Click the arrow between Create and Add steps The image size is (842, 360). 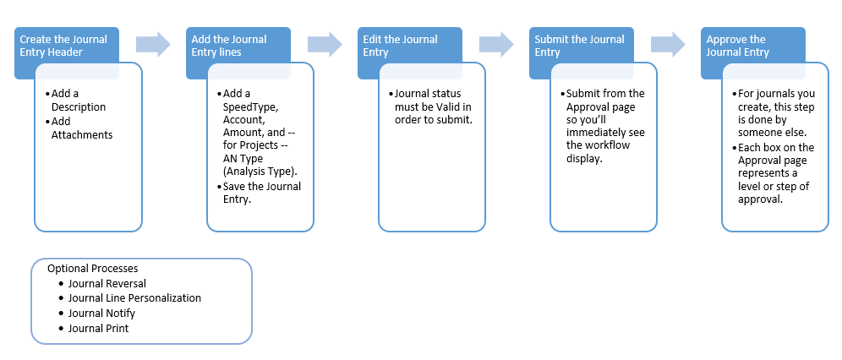click(152, 44)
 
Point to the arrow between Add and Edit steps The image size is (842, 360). click(324, 44)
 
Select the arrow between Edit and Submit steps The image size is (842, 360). click(496, 44)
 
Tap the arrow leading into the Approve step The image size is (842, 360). click(668, 44)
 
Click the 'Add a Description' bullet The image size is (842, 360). click(78, 101)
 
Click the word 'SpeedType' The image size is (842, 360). click(250, 107)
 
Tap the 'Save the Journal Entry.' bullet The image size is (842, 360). click(261, 193)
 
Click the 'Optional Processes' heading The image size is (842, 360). click(92, 268)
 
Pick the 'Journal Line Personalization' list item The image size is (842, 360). click(134, 298)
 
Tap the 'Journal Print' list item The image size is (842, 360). click(98, 329)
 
